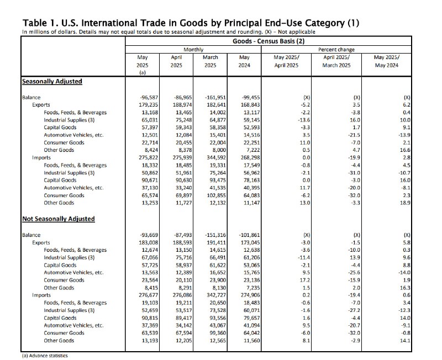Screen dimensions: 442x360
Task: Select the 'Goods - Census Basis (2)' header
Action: (x=269, y=41)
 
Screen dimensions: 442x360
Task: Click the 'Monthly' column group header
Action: (x=193, y=50)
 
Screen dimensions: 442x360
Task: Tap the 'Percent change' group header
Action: (x=336, y=50)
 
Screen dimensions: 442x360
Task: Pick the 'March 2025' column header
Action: (x=211, y=61)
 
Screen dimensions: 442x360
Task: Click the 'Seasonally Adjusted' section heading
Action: (x=52, y=81)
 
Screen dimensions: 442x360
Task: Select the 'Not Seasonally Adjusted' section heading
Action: (x=59, y=219)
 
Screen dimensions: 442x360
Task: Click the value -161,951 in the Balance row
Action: (x=215, y=98)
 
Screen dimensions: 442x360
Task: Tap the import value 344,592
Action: (x=216, y=158)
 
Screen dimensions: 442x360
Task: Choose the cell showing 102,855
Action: (x=216, y=195)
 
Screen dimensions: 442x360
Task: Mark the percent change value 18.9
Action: (x=406, y=203)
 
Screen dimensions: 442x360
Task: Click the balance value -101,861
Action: (x=249, y=235)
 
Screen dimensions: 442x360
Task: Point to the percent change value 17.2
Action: (x=306, y=280)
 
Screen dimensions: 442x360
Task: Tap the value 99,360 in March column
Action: (x=217, y=333)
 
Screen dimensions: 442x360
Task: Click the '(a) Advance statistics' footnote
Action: (x=45, y=356)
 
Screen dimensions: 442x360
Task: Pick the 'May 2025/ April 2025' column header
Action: (x=286, y=61)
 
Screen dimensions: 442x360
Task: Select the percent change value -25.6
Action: (x=354, y=273)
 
